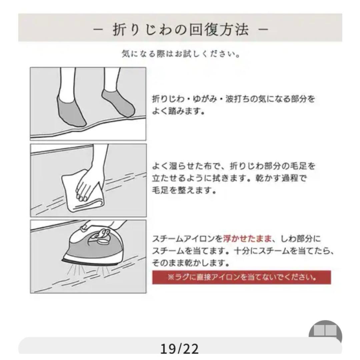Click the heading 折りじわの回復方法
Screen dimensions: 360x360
coord(180,30)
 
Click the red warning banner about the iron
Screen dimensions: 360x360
coord(241,277)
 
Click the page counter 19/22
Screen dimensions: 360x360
coord(179,349)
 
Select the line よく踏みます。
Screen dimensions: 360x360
coord(178,111)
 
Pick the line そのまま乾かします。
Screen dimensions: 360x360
coord(191,263)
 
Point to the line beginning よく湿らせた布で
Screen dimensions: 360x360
coord(233,166)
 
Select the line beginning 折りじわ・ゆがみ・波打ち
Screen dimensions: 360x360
coord(233,99)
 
